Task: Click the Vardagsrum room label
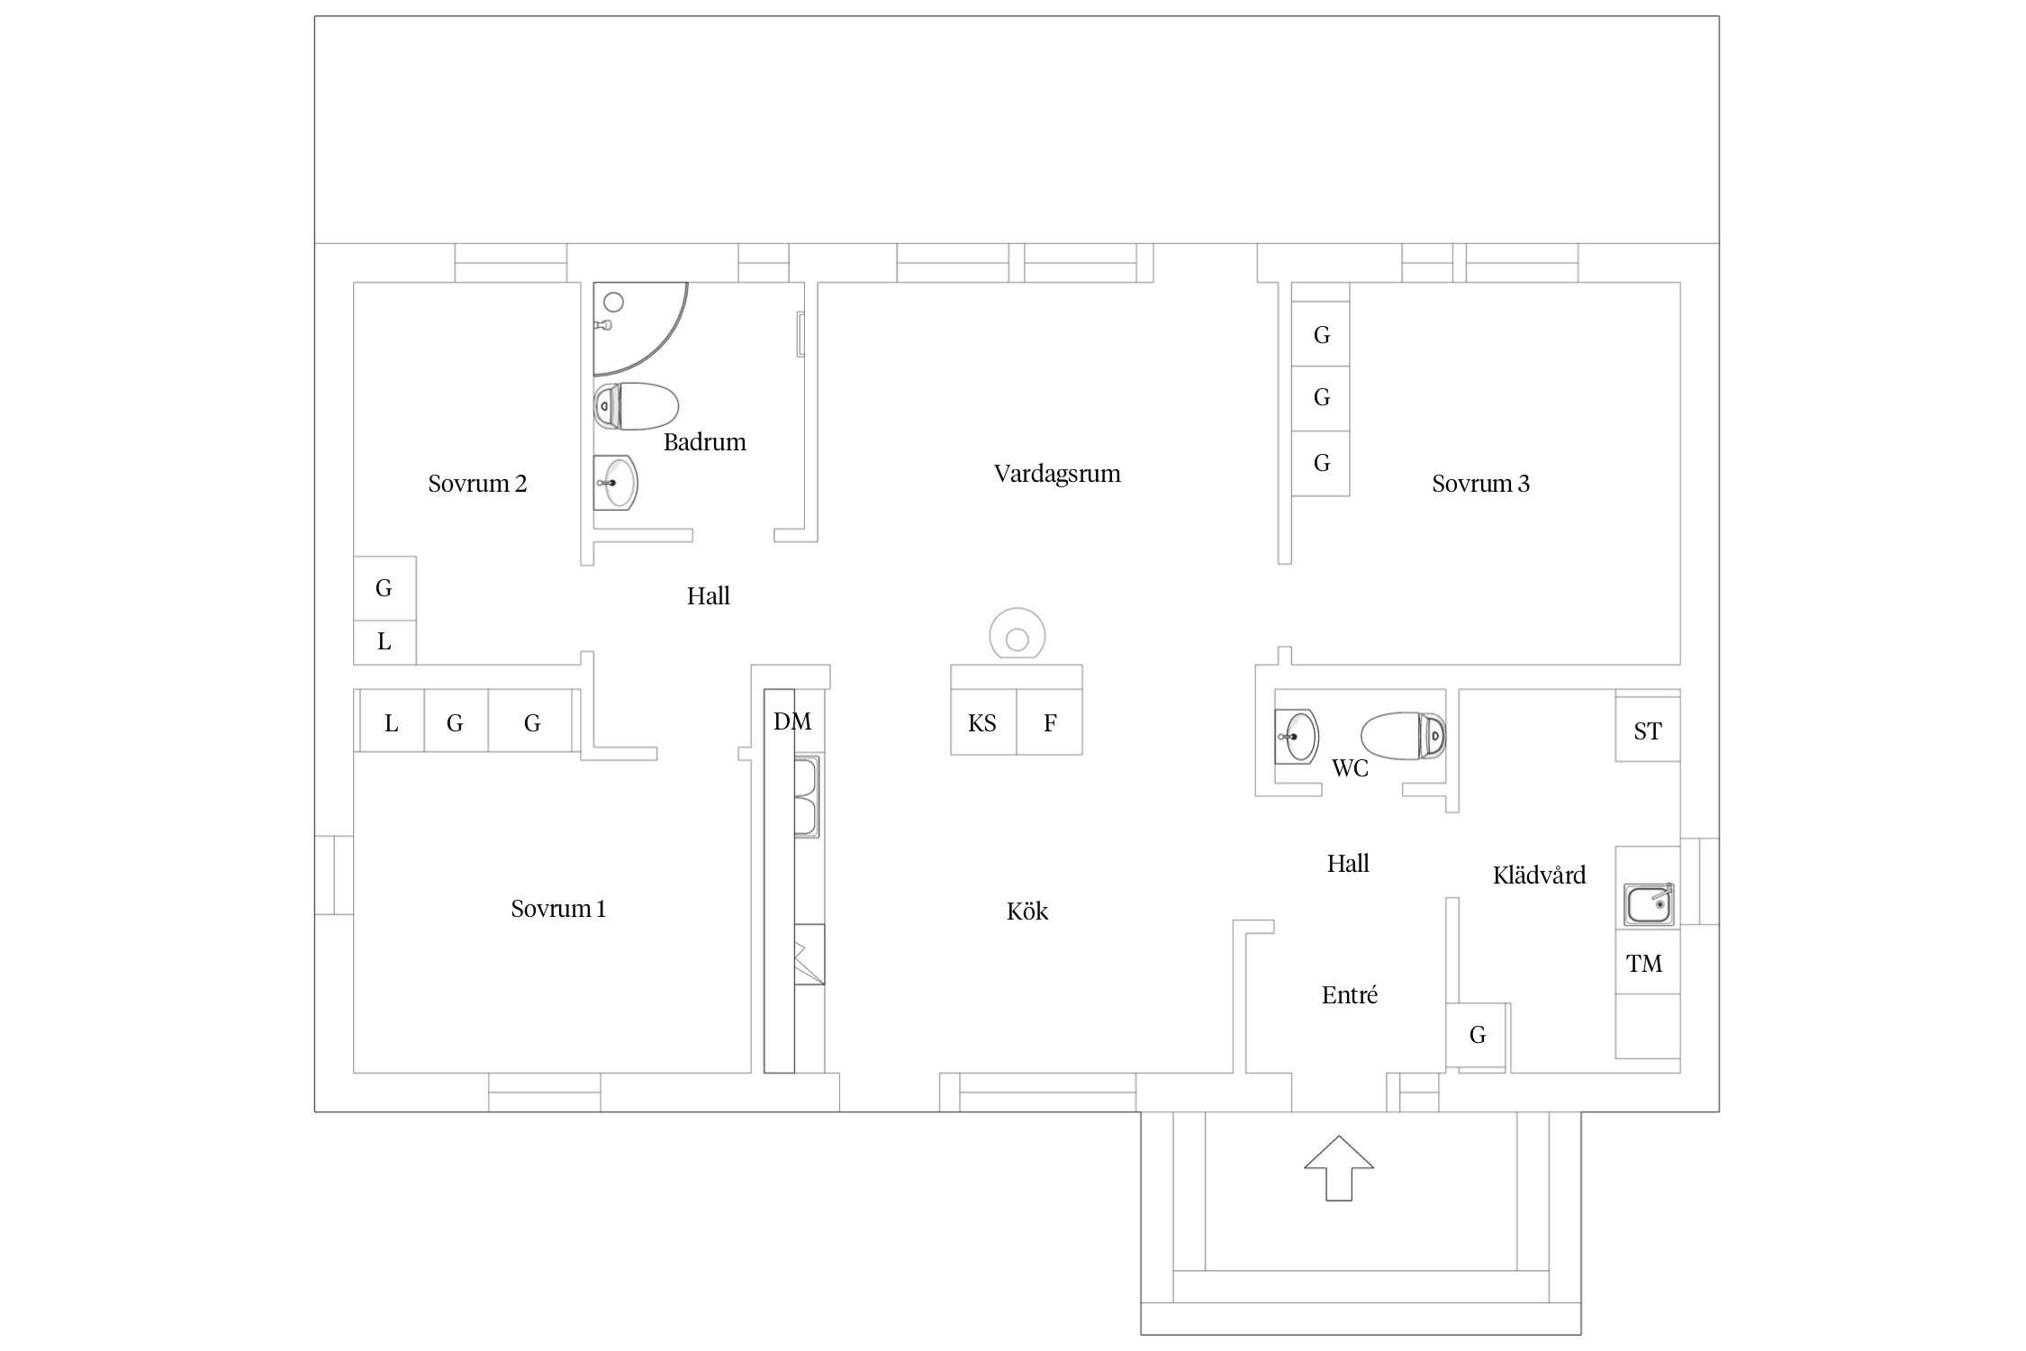click(1057, 474)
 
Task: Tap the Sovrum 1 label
click(558, 909)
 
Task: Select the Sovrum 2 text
click(477, 484)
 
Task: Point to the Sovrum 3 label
click(1480, 484)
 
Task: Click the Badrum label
click(705, 442)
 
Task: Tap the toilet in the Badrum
click(636, 406)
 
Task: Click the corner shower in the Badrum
click(640, 329)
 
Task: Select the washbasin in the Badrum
click(616, 483)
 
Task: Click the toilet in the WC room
click(1403, 737)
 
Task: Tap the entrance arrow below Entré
click(1339, 1167)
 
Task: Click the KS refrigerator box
click(983, 722)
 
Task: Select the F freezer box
click(1050, 722)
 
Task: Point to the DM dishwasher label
click(792, 721)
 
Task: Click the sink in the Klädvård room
click(1649, 904)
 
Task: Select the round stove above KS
click(1018, 636)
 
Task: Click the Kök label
click(1027, 911)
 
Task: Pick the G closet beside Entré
click(1477, 1035)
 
